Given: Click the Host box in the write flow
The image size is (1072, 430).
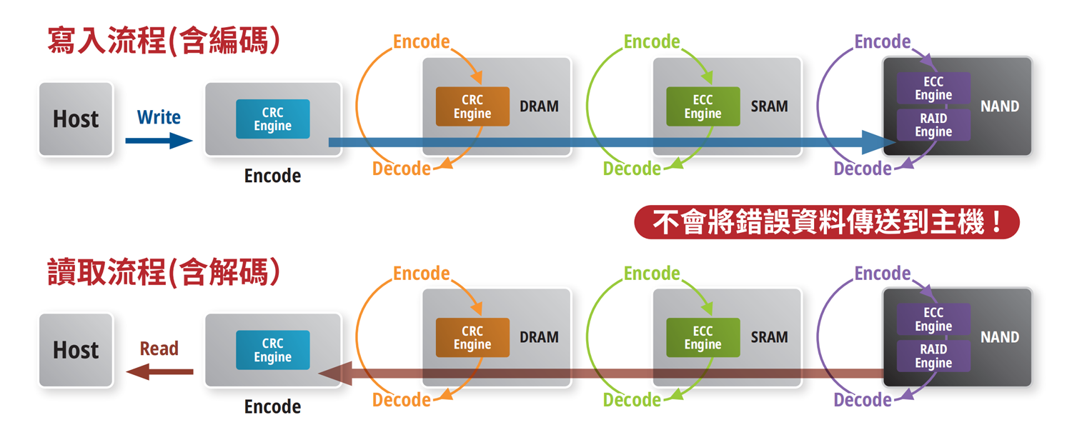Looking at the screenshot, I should pos(76,119).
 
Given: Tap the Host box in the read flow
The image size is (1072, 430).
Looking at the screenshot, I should pos(76,350).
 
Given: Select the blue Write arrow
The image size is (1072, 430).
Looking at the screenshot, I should pos(159,141).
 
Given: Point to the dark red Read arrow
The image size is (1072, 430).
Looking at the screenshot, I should pos(159,371).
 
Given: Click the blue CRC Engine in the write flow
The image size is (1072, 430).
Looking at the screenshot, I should pos(272,119).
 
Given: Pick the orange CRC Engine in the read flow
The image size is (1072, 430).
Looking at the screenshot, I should pos(472,338).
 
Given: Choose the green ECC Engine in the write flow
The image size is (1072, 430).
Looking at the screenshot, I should pos(703,106).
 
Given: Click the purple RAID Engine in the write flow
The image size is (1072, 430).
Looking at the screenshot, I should pos(933,125).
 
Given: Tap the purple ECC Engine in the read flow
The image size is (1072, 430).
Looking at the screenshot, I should pos(933,319).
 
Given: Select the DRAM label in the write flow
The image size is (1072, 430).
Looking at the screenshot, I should pos(539,106).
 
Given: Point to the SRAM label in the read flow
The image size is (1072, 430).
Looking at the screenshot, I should pos(769,337).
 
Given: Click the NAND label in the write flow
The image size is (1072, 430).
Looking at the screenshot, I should pos(1000,106).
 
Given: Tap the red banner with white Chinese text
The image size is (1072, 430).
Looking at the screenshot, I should pos(826,223).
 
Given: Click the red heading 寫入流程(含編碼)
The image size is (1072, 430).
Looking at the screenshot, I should pos(164,41).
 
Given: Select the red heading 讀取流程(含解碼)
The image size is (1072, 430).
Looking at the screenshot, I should pos(164,273).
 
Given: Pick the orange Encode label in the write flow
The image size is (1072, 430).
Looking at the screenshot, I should pos(422,41).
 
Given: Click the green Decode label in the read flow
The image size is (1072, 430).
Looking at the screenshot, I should pos(632,400).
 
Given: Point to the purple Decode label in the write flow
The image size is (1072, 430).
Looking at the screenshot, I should pos(863,169).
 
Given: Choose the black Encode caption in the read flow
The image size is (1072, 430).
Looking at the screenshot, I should pos(272,406).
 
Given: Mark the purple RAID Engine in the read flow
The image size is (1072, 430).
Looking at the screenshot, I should pos(933,356).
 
